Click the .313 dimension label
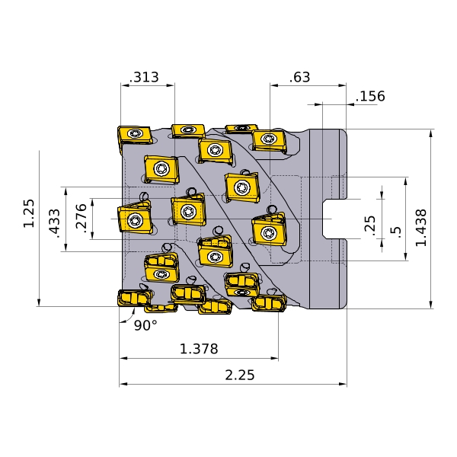point(144,77)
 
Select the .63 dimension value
point(299,77)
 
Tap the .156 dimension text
point(370,96)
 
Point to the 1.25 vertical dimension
point(29,213)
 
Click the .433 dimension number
point(55,223)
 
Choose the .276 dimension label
point(81,218)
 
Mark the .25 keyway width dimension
point(370,223)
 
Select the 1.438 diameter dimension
point(421,228)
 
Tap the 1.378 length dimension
point(199,349)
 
